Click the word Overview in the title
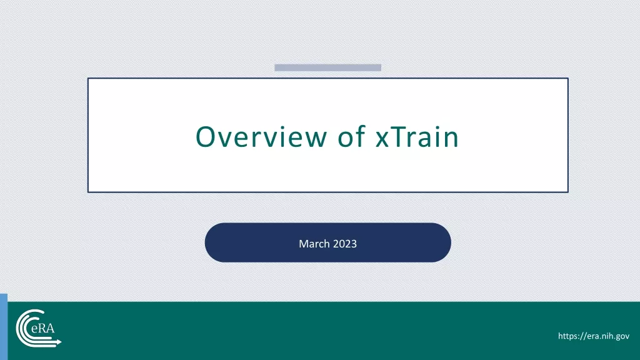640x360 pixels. point(262,136)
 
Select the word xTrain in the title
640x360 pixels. point(417,136)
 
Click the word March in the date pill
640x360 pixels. point(314,244)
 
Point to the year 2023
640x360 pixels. point(345,244)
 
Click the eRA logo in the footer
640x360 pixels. point(38,329)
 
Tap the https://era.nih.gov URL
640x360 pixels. point(594,336)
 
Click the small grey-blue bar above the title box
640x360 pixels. point(327,67)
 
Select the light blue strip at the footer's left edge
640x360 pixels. point(4,326)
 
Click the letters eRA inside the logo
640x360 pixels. point(43,327)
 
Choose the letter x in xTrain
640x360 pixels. point(382,139)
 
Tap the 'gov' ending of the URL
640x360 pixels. point(622,337)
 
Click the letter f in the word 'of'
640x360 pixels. point(361,136)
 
